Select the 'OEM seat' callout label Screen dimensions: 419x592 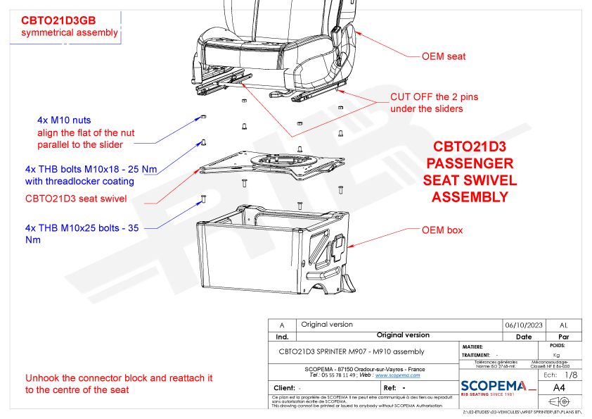coord(443,56)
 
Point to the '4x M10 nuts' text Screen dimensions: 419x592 coord(64,120)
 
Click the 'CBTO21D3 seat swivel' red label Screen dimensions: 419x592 coord(76,199)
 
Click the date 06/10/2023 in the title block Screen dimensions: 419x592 coord(524,325)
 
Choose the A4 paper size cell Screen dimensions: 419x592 coord(559,387)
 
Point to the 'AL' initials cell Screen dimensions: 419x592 coord(563,325)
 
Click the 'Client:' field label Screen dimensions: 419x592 coord(284,388)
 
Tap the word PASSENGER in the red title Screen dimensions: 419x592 coord(470,164)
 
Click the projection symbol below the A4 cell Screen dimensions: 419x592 coord(559,401)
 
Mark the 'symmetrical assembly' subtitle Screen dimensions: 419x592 coord(70,33)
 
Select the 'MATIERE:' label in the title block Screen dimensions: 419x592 coord(472,346)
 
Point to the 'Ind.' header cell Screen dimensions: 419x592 coord(282,337)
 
